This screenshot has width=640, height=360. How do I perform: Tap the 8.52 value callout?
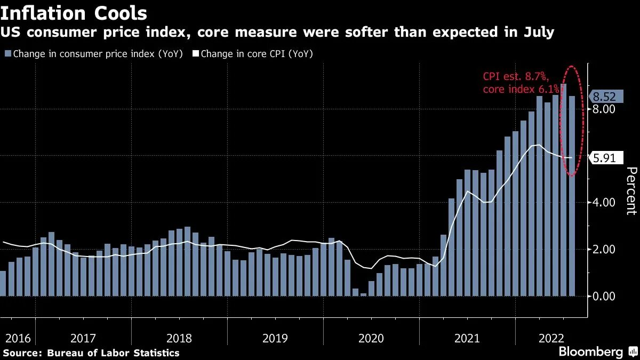pyautogui.click(x=604, y=97)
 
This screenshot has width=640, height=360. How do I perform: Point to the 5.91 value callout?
pyautogui.click(x=604, y=157)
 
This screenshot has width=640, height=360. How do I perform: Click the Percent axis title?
pyautogui.click(x=631, y=190)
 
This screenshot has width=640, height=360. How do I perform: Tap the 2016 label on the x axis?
pyautogui.click(x=17, y=338)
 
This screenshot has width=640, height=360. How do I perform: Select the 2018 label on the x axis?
pyautogui.click(x=179, y=338)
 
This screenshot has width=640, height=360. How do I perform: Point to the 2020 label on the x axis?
pyautogui.click(x=371, y=338)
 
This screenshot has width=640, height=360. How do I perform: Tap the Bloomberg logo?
pyautogui.click(x=590, y=351)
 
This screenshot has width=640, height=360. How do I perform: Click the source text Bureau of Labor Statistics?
pyautogui.click(x=113, y=353)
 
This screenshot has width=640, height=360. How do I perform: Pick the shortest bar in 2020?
pyautogui.click(x=364, y=294)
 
